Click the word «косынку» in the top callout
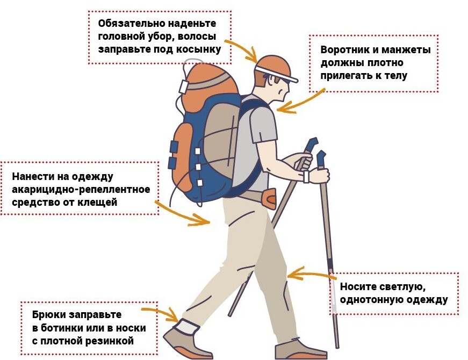point(198,49)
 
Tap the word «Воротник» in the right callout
point(345,49)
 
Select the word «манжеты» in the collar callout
point(406,49)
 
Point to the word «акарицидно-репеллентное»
point(81,189)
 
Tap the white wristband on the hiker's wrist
point(306,177)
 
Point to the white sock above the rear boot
point(188,326)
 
